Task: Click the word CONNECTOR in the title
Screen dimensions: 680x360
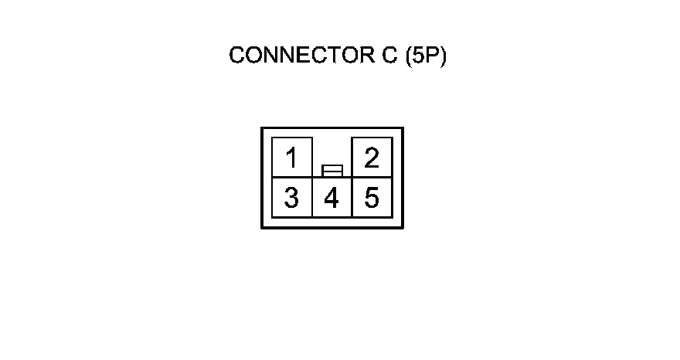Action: click(302, 56)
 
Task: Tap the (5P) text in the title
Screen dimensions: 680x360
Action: click(426, 56)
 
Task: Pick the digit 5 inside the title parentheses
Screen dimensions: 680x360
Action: click(420, 56)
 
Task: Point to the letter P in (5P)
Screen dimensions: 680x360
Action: click(433, 56)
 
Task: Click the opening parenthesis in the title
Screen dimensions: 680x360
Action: click(410, 56)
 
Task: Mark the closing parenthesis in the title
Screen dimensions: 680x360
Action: click(444, 56)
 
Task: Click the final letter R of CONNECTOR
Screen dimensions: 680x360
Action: click(369, 56)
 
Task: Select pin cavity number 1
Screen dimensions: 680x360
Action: click(292, 158)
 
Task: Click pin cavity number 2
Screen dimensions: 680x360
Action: click(372, 158)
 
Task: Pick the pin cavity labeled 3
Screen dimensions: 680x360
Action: click(292, 198)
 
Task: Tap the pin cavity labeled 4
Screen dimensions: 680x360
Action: click(331, 198)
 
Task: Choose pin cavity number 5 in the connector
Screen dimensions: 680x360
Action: click(372, 198)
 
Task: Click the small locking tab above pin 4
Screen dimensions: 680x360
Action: click(332, 169)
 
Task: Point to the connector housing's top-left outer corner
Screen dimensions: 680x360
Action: click(262, 128)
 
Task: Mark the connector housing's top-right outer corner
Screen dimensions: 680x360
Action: click(403, 128)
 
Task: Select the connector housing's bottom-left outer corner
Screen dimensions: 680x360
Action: click(262, 227)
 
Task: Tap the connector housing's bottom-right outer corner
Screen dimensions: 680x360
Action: click(403, 227)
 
